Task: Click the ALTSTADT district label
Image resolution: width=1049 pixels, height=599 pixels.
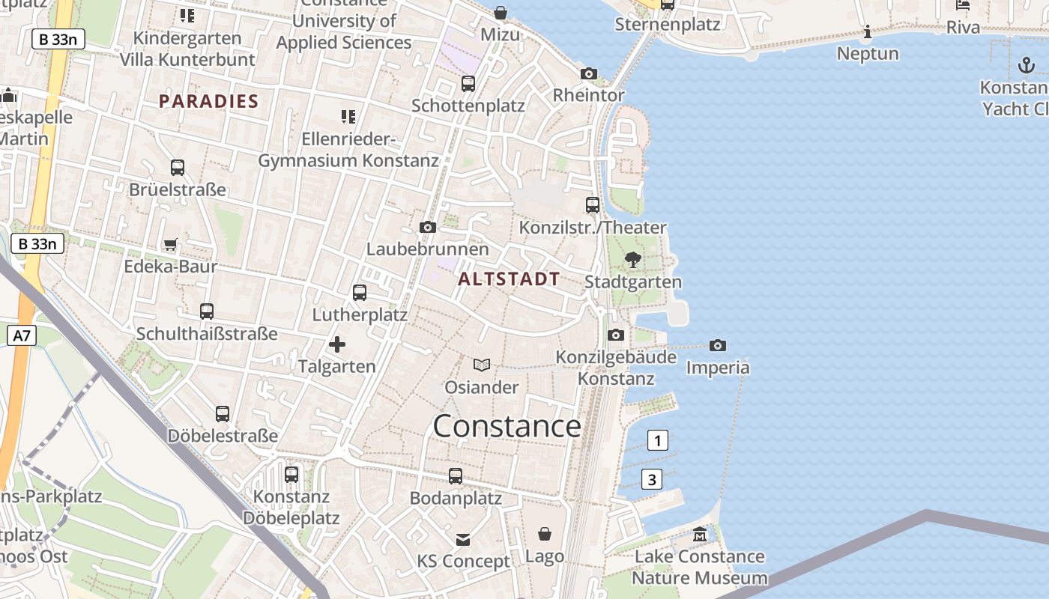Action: tap(509, 279)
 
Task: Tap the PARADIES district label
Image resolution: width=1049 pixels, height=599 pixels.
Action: tap(208, 102)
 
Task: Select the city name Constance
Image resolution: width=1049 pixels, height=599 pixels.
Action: tap(507, 426)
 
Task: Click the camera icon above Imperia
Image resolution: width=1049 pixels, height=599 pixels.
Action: tap(718, 345)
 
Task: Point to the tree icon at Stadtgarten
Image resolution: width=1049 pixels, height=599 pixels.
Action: tap(633, 260)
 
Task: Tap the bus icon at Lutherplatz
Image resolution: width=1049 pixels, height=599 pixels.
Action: tap(360, 293)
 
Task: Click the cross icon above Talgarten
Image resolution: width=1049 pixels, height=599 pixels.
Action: tap(337, 344)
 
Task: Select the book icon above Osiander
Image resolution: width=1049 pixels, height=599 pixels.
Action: tap(482, 365)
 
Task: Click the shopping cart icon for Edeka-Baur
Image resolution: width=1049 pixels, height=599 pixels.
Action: tap(171, 244)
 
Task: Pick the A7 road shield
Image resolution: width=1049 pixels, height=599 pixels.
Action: tap(22, 335)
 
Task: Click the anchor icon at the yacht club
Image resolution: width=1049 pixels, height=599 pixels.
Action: tap(1026, 65)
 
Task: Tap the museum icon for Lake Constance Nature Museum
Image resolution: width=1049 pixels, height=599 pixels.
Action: tap(700, 535)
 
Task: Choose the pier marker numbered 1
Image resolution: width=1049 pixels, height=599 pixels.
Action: tap(657, 440)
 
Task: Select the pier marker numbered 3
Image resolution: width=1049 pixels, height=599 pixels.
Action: tap(652, 479)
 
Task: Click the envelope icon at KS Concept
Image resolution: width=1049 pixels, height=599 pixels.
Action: tap(463, 539)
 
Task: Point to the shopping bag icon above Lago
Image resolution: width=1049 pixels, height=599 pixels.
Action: tap(545, 534)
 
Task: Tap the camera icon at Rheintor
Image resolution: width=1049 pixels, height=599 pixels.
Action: tap(589, 73)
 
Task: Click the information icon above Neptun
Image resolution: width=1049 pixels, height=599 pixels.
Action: tap(868, 31)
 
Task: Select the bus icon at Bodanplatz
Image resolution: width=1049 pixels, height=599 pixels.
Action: tap(456, 475)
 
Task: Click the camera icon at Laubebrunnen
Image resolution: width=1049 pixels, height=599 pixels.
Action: tap(428, 227)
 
